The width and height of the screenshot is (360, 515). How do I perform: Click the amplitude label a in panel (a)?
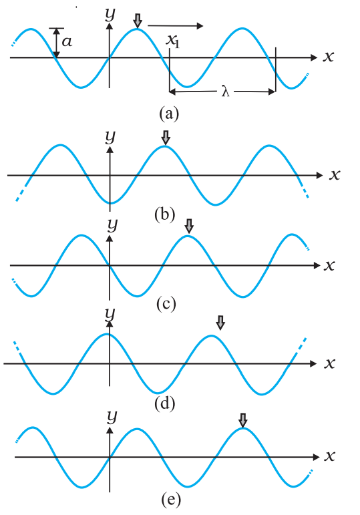point(67,42)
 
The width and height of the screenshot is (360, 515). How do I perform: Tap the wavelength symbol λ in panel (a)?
point(225,91)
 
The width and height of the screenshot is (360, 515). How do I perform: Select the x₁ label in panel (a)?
point(172,41)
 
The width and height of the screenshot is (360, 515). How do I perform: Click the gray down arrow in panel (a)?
point(138,21)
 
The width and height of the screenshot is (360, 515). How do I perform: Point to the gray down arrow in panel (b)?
point(166,138)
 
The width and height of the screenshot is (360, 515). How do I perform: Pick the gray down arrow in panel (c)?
point(189,226)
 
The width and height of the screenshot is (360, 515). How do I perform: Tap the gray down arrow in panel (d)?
point(220,323)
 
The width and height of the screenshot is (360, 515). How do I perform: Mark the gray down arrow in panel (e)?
point(242,420)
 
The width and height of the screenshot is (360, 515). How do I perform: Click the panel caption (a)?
point(169,114)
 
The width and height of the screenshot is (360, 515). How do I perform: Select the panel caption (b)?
point(164,215)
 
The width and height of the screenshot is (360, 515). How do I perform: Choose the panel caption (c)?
point(166,304)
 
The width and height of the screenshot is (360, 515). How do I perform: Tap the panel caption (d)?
point(164,403)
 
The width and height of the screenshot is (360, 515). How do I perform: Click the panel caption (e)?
point(171,500)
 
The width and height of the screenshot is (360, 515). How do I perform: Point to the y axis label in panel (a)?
point(110,14)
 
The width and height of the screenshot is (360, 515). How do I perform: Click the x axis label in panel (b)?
point(335,175)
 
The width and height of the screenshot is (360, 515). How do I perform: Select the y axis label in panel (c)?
point(112,225)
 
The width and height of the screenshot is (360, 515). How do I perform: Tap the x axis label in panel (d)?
point(329,363)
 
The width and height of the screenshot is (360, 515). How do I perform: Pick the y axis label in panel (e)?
point(112,417)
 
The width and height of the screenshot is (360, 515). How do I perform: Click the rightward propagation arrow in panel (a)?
point(176,25)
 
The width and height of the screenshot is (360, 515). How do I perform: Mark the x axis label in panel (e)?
point(329,456)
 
